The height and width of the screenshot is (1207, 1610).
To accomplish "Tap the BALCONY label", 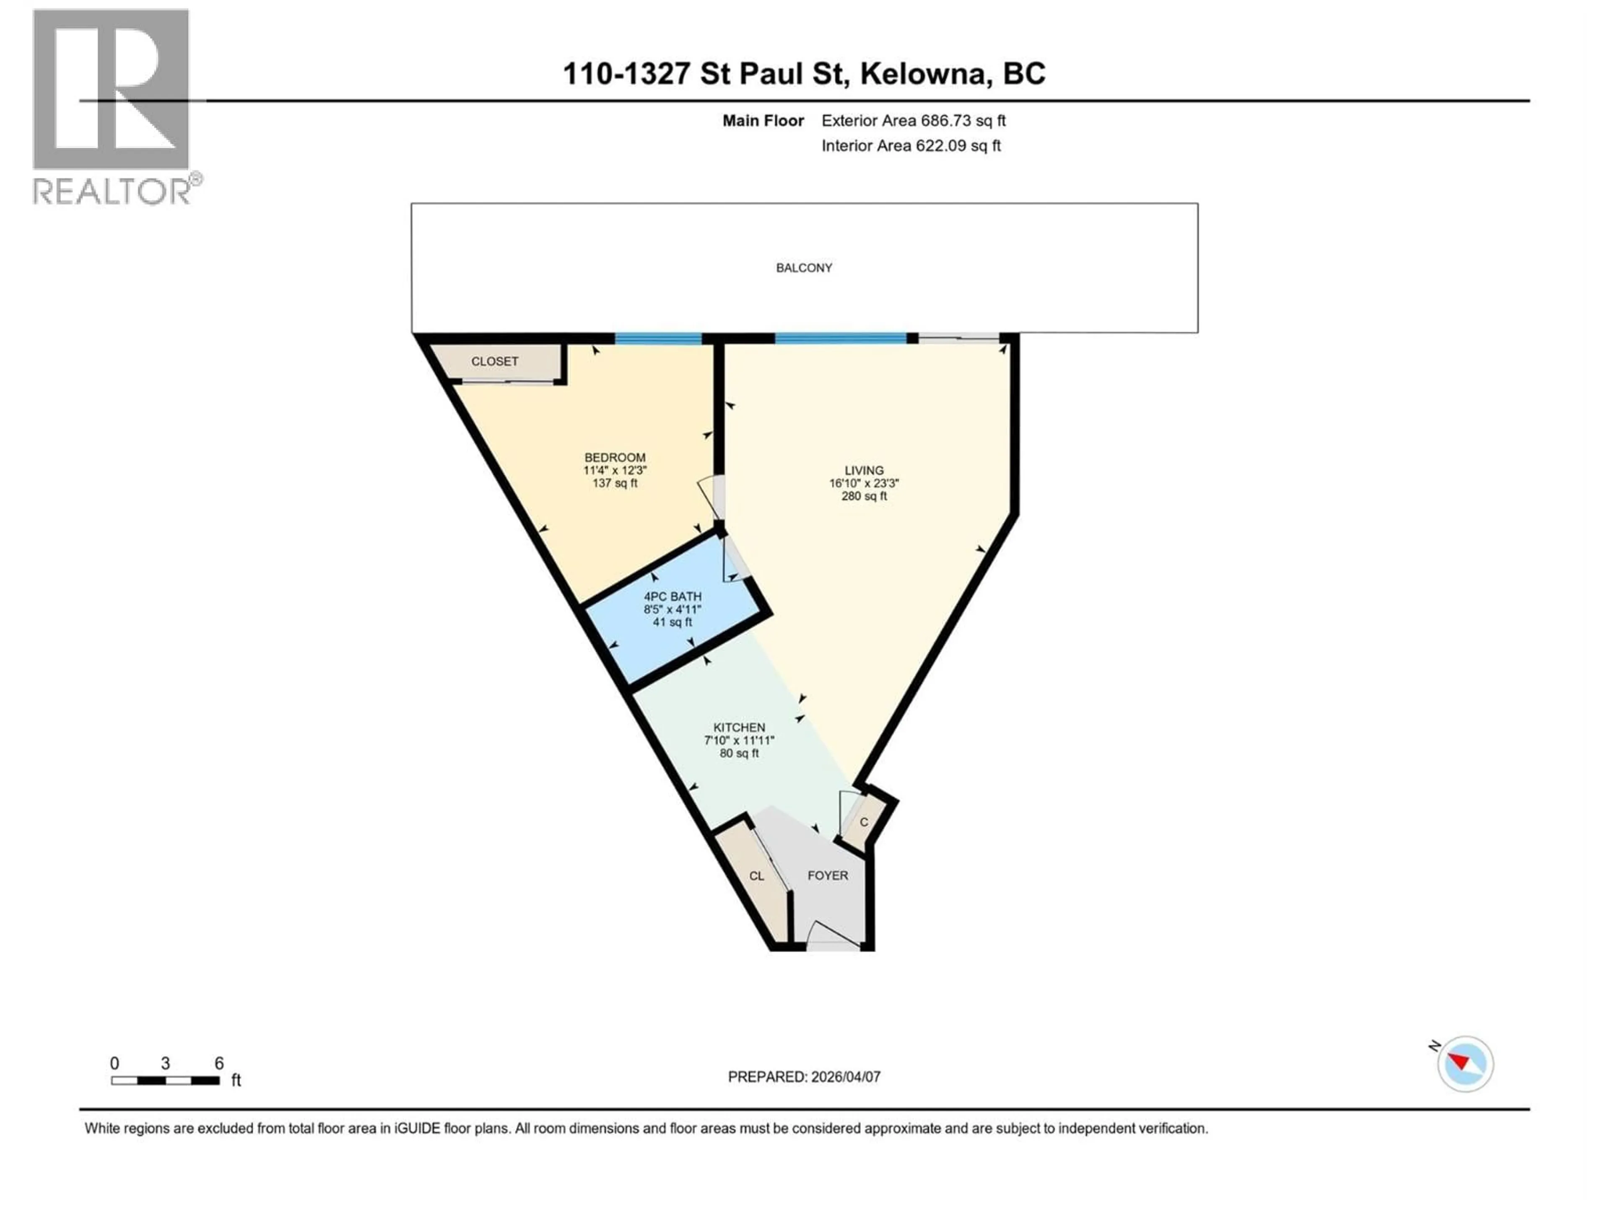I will point(804,268).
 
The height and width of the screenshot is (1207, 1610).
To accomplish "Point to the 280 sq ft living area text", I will point(864,496).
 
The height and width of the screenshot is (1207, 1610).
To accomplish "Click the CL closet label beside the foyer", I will point(756,876).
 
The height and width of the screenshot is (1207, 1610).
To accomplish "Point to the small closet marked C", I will point(864,822).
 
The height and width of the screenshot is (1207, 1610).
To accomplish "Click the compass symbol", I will point(1465,1064).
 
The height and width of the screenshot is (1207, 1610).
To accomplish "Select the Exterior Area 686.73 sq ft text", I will point(914,121).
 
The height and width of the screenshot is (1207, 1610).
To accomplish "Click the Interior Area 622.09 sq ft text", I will point(911,145).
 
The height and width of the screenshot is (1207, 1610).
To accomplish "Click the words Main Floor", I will point(763,121).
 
